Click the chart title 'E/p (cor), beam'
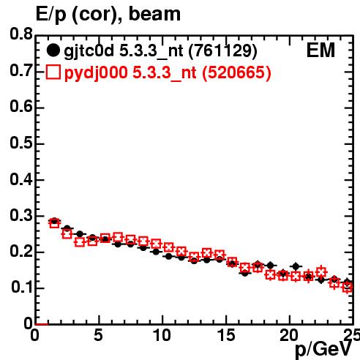coord(108,15)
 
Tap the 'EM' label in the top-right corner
coord(320,50)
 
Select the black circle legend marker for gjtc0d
coord(53,50)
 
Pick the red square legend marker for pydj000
coord(53,72)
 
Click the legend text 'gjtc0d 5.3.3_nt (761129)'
coord(160,51)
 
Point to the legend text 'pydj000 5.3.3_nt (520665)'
coord(168,73)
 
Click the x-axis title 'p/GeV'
coord(323,350)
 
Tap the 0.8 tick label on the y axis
coord(21,34)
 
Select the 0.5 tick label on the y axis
coord(21,143)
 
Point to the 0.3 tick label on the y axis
coord(21,215)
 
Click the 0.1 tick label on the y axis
coord(21,287)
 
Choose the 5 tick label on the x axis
coord(98,335)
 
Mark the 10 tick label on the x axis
coord(162,335)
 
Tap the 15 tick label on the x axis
coord(226,335)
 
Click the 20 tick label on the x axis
coord(289,335)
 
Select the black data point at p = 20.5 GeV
coord(296,266)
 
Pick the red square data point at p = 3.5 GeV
coord(80,242)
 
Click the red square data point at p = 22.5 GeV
coord(321,272)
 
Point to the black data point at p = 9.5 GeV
coord(156,252)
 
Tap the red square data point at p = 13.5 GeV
coord(207,253)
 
